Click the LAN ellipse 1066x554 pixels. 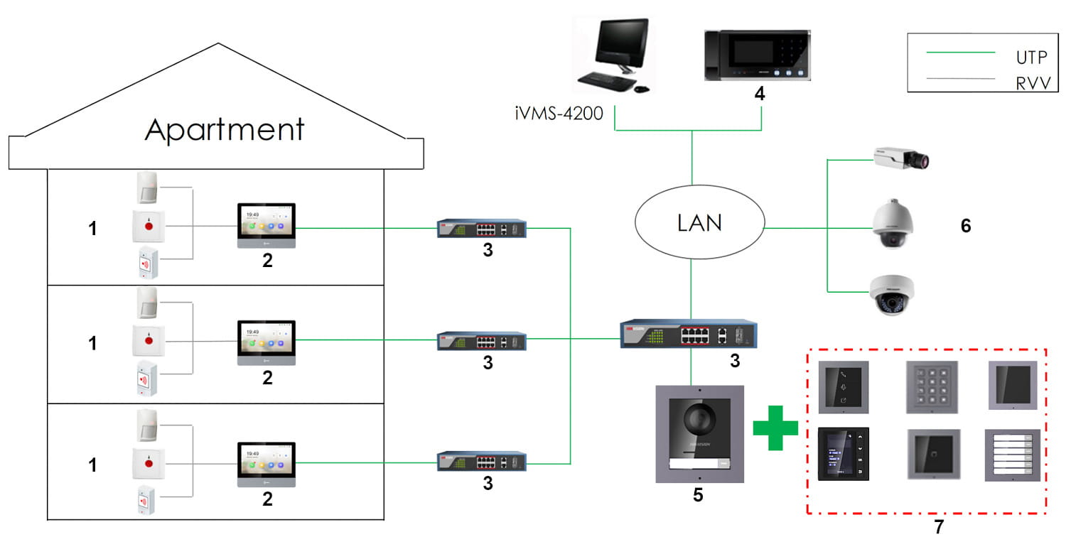click(699, 223)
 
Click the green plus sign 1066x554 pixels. click(775, 430)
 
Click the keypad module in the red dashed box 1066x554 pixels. click(932, 387)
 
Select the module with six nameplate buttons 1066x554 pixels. click(1012, 455)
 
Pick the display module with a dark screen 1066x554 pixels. click(843, 454)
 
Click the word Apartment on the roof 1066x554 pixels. click(225, 129)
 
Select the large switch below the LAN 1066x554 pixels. click(689, 333)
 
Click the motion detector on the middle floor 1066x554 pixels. click(148, 303)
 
